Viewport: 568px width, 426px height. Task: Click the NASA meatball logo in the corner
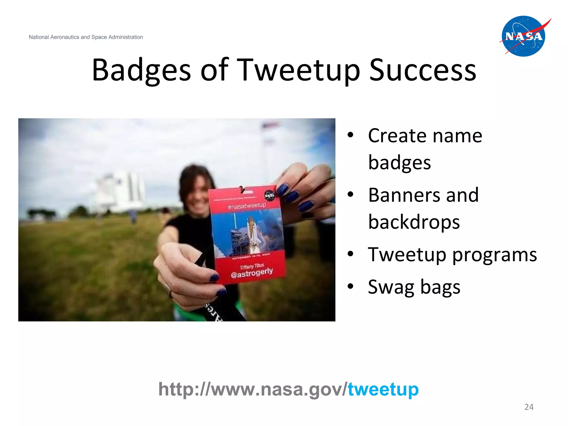tap(523, 36)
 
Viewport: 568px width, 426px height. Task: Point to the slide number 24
tap(529, 407)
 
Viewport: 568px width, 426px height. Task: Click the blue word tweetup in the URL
tap(383, 389)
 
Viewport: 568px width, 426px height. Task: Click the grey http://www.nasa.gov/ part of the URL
tap(252, 389)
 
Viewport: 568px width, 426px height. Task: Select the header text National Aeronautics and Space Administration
tap(86, 37)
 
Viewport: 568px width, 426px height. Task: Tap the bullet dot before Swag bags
tap(351, 286)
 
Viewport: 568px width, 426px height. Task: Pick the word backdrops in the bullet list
tap(414, 222)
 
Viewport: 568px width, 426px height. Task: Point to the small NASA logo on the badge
tap(269, 195)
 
